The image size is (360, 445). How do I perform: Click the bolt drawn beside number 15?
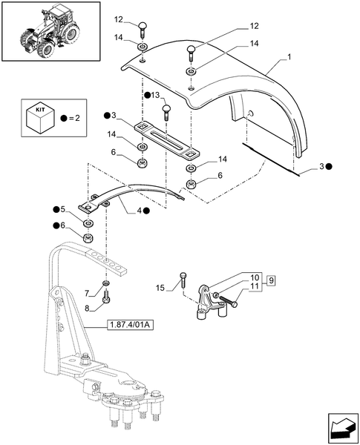coord(182,280)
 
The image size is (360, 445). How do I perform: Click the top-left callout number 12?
coord(120,19)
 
